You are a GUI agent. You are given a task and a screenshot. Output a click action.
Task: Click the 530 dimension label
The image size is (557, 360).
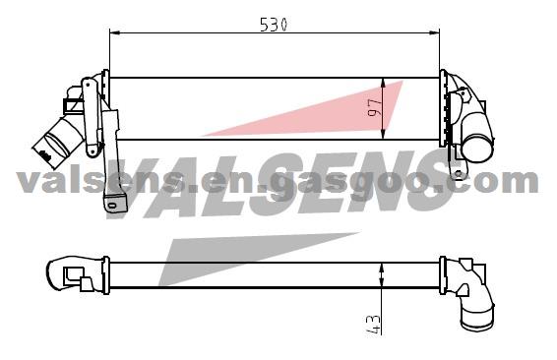coord(274,25)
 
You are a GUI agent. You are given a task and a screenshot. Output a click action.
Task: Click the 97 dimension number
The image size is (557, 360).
coord(374,108)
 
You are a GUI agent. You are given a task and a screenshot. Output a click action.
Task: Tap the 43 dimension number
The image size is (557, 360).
coord(373,325)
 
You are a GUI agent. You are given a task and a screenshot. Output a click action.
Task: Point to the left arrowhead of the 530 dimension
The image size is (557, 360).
coord(114,33)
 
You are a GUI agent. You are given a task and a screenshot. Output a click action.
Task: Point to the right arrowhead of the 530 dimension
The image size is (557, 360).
coord(434,33)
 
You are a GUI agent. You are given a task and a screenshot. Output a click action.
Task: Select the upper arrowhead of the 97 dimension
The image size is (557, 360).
coord(383,84)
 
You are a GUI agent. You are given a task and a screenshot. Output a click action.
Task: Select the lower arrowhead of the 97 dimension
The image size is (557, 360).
coord(383,134)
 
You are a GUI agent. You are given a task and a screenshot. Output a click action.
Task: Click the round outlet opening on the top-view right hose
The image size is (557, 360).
coord(478,150)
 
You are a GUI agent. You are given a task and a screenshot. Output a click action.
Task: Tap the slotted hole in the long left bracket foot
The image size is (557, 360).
coord(112,206)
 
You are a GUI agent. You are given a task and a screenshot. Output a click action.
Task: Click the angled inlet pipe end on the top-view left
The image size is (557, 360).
coord(45,151)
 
